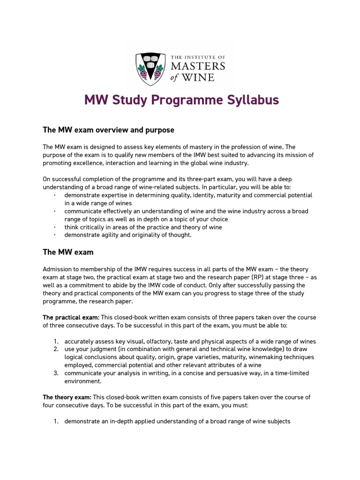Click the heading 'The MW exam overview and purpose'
pyautogui.click(x=108, y=130)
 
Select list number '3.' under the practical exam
pyautogui.click(x=55, y=373)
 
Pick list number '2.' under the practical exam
pyautogui.click(x=55, y=349)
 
